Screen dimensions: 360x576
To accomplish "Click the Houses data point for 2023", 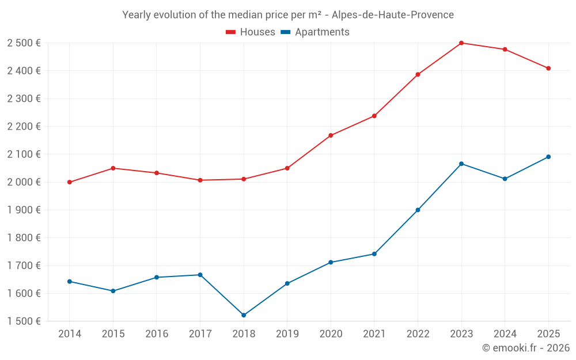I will [x=461, y=43].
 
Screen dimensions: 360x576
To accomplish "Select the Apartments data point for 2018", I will [x=244, y=315].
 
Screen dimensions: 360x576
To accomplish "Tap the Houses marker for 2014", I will [x=70, y=182].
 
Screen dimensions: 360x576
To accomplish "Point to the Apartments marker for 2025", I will [x=548, y=157].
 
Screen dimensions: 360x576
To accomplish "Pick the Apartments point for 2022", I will [x=418, y=210].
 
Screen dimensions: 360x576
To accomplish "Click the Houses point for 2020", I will [x=331, y=135].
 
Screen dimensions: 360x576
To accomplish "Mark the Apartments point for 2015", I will [x=113, y=291].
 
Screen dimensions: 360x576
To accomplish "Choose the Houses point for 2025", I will [x=548, y=68].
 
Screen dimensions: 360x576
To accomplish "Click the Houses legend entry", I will [x=251, y=32].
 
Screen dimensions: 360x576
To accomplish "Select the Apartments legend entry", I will [x=316, y=32].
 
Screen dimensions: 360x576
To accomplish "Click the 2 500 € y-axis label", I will [x=24, y=43].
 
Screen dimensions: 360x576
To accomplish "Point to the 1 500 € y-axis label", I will [x=24, y=321].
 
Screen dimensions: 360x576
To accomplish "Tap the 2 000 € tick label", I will [x=24, y=182].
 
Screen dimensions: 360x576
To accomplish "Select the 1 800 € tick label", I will [x=24, y=238].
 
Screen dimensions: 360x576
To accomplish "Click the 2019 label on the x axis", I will [x=287, y=334].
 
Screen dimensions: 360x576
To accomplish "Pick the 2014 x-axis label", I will [x=70, y=334].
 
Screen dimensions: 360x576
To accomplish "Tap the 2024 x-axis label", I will [x=505, y=334].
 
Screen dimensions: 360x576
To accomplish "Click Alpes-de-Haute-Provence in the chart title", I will [x=393, y=15].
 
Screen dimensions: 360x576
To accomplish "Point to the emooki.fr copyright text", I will [x=526, y=348].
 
